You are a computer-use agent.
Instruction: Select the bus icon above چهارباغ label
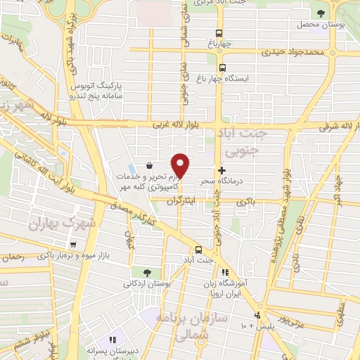coord(219,33)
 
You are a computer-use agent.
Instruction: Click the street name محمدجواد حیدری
coord(294,51)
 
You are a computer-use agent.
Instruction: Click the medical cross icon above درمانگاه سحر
coord(222,170)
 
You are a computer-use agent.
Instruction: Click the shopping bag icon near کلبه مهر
coord(149,166)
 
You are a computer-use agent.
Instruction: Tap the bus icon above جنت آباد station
coord(198,250)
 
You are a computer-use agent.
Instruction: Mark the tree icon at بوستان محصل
coord(321,13)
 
